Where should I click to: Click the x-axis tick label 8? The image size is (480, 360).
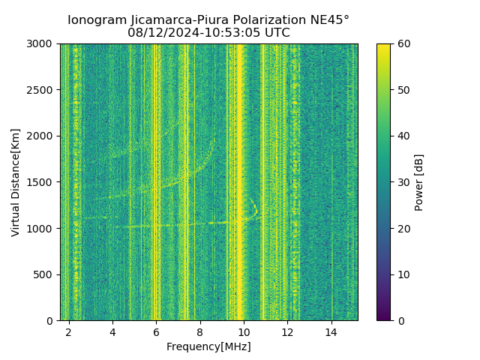199,331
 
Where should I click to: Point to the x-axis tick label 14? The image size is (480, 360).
331,331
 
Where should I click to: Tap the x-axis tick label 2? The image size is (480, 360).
69,331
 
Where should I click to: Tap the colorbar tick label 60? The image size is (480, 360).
403,44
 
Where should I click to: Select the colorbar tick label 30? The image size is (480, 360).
403,182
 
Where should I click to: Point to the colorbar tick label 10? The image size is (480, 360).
403,274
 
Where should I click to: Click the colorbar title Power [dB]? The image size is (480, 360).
419,182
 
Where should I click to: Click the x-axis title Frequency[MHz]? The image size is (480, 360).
208,346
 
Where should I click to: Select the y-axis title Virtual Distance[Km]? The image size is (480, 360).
16,182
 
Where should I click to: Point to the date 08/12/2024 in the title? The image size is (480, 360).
160,33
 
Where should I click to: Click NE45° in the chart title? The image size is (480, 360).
331,20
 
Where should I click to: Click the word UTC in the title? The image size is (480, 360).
276,33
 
